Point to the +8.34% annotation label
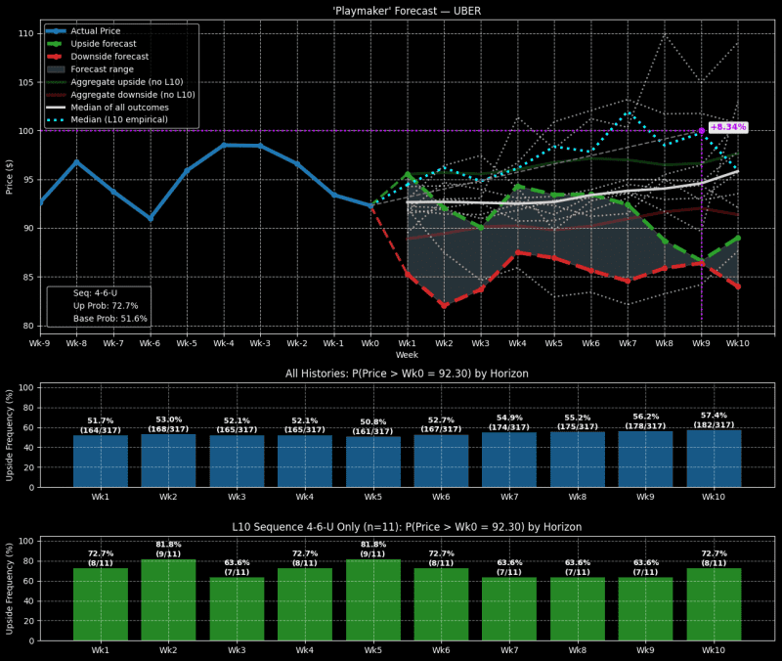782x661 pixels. click(x=727, y=127)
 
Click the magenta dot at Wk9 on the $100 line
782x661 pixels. click(x=701, y=130)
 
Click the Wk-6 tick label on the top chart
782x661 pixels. click(x=150, y=344)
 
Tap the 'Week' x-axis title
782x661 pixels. click(x=408, y=355)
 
